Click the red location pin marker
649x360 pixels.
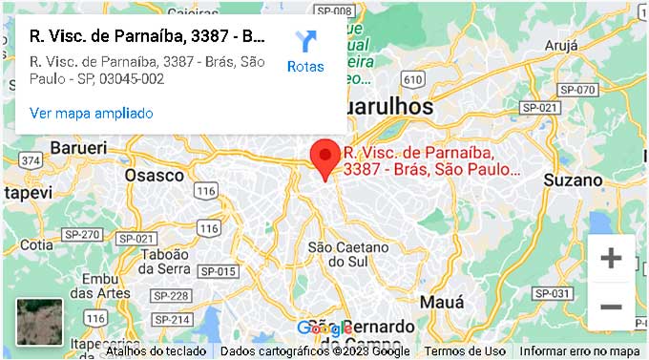(x=326, y=158)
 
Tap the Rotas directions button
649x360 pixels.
(x=305, y=52)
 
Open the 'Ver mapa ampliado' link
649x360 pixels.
(x=92, y=113)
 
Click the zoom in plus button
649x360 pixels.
(x=611, y=258)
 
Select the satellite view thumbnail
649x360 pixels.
(x=39, y=322)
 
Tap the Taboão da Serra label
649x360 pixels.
(x=170, y=263)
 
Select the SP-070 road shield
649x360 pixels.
(x=577, y=90)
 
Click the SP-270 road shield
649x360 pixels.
(x=81, y=235)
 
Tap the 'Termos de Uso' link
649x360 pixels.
(x=465, y=351)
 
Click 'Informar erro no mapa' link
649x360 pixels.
(x=579, y=351)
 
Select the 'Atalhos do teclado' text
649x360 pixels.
(x=156, y=351)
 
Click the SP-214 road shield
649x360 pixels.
(x=173, y=319)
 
